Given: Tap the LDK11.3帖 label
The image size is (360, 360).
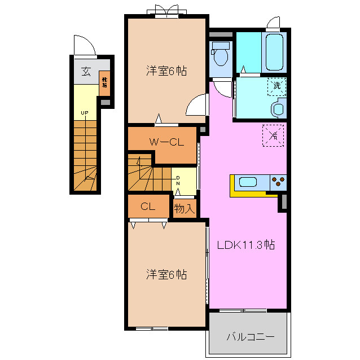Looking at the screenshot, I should [x=247, y=245].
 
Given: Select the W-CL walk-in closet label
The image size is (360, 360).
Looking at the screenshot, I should [x=167, y=142].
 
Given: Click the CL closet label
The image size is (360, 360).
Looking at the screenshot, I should [x=148, y=207].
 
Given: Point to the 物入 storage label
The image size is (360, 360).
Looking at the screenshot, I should [x=184, y=208].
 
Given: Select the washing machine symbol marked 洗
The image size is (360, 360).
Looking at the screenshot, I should [x=276, y=86].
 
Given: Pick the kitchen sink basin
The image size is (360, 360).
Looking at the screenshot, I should [x=248, y=182].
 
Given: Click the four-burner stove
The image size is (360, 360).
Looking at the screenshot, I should [x=278, y=182].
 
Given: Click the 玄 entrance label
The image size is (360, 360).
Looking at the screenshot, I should [x=86, y=72].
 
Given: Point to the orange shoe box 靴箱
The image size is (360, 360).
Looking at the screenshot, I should [x=104, y=83].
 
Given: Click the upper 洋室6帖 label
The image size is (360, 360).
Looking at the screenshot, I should [x=166, y=71].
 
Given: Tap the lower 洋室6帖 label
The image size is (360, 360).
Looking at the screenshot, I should [x=166, y=275].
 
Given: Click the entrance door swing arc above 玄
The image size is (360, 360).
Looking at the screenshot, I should [x=82, y=45].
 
